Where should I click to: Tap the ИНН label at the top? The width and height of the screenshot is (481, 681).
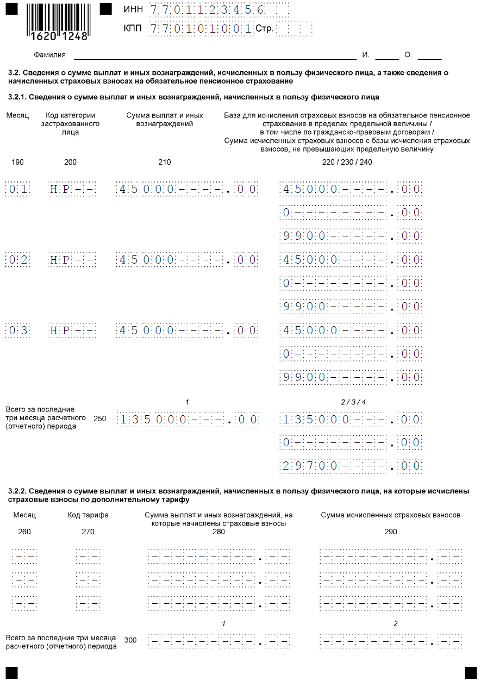(133, 10)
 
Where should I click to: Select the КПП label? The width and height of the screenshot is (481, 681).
(133, 28)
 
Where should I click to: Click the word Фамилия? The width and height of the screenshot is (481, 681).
(49, 55)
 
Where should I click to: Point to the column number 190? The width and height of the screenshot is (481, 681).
(17, 162)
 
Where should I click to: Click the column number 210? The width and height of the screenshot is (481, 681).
(164, 162)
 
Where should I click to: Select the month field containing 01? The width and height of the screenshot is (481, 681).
(17, 189)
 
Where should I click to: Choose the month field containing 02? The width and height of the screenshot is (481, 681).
(17, 260)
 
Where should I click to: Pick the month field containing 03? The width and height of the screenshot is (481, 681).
(17, 330)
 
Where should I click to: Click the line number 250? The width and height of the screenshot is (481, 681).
(100, 418)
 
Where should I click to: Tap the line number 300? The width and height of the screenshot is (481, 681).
(130, 640)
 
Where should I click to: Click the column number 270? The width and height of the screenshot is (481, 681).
(88, 532)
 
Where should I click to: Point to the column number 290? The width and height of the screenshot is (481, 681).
(391, 532)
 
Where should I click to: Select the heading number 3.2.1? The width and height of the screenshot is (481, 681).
(17, 97)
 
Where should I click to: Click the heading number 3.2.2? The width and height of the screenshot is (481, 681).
(17, 491)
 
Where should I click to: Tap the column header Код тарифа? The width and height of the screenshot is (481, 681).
(88, 515)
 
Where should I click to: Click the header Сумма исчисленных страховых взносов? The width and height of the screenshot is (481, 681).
(391, 515)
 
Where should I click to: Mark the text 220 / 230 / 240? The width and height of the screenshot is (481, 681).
(347, 162)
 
